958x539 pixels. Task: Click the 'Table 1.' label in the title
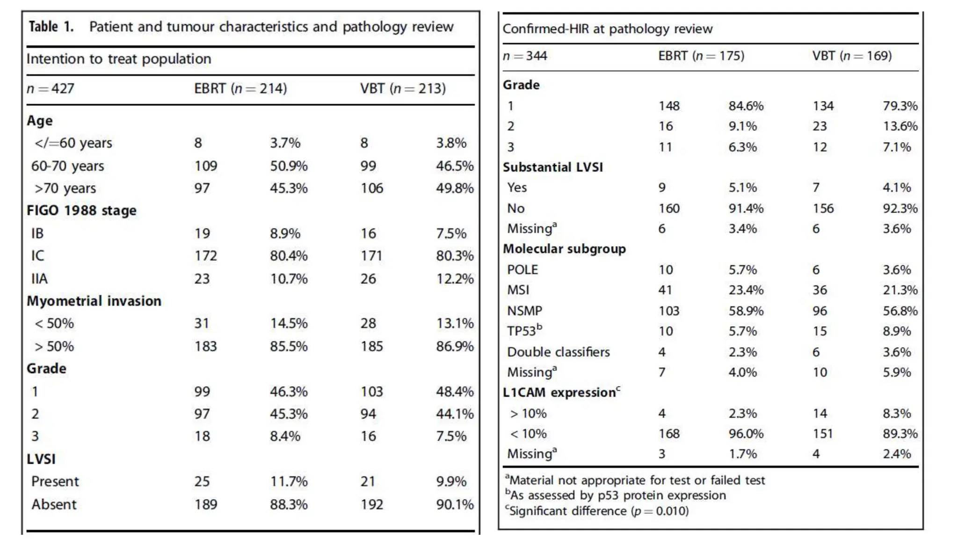51,27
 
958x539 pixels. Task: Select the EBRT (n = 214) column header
240,88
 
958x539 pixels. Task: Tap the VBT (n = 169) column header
852,56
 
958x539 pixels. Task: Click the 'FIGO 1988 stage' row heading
81,210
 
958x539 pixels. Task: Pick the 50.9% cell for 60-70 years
289,166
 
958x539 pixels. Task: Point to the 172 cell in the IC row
205,255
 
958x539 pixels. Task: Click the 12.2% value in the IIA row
455,278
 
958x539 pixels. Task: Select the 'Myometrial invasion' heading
94,300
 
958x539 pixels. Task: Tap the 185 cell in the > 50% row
371,346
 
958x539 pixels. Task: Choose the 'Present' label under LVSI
55,481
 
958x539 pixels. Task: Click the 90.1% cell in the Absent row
455,504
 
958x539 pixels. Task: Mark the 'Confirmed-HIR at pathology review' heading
607,29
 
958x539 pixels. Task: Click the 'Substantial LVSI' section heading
552,167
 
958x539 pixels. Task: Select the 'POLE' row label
523,269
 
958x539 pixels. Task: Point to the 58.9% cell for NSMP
746,311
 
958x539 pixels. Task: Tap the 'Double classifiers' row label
558,352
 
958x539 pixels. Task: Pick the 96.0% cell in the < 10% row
746,434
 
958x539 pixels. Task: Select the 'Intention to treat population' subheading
119,59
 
